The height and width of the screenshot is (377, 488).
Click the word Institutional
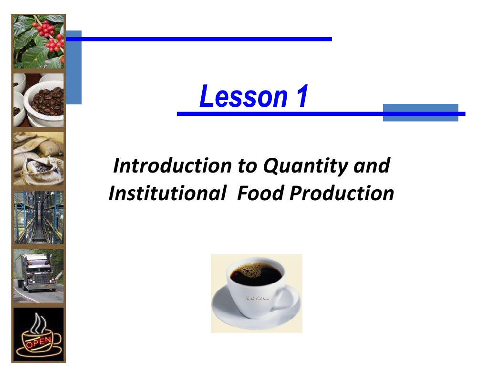pyautogui.click(x=167, y=194)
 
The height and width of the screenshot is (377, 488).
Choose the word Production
pyautogui.click(x=342, y=194)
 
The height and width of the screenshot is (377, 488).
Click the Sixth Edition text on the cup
pyautogui.click(x=257, y=298)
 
